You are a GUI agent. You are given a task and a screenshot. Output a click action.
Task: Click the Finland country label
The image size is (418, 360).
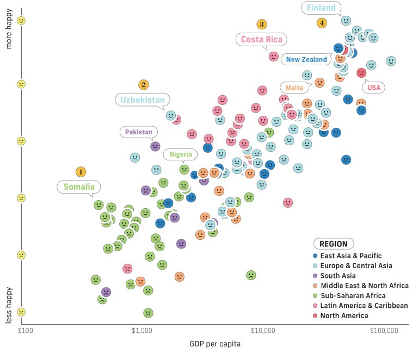point(321,8)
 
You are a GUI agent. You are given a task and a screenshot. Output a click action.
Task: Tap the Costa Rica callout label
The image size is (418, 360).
point(261,39)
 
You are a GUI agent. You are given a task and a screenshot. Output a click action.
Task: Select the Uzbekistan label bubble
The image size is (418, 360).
point(143,100)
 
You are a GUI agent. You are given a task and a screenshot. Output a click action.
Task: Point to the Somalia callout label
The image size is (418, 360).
point(79,187)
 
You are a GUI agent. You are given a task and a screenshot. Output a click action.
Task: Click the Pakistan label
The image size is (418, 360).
point(139,132)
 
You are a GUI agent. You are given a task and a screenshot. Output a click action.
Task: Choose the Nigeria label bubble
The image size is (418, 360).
point(180,154)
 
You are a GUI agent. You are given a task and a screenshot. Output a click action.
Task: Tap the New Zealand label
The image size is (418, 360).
point(306,59)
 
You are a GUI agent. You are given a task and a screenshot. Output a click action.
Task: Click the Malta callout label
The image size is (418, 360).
point(294,87)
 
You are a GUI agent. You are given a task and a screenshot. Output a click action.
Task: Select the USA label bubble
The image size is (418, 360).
point(374,88)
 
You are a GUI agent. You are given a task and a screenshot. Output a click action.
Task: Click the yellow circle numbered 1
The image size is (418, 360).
point(81,172)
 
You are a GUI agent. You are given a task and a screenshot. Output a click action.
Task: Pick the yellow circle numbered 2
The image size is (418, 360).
point(143,85)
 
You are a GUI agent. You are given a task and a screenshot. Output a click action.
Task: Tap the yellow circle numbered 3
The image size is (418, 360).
point(262,24)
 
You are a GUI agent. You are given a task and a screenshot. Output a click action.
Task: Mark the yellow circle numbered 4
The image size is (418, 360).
point(322,23)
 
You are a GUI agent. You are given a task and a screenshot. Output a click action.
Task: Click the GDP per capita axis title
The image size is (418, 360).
point(214,344)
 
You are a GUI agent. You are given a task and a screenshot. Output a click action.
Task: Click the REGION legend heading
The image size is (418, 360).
point(333,244)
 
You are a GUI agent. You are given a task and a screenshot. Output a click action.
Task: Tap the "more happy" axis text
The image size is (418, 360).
point(9,33)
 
